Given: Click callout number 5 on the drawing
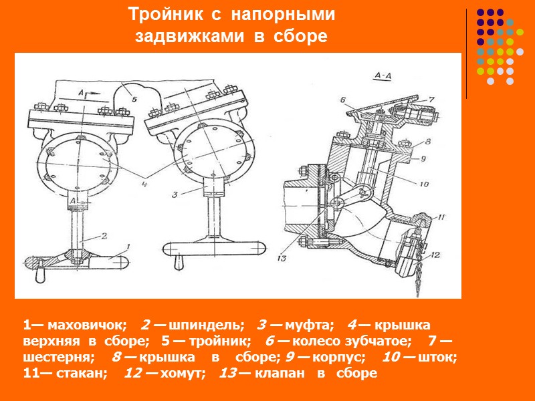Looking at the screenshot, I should tap(133, 98).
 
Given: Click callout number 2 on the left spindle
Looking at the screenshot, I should tap(104, 235).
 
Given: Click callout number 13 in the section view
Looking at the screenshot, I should tap(280, 258).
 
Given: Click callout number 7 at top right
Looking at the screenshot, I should tap(432, 98).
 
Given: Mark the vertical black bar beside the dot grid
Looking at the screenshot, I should tap(466, 53).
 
